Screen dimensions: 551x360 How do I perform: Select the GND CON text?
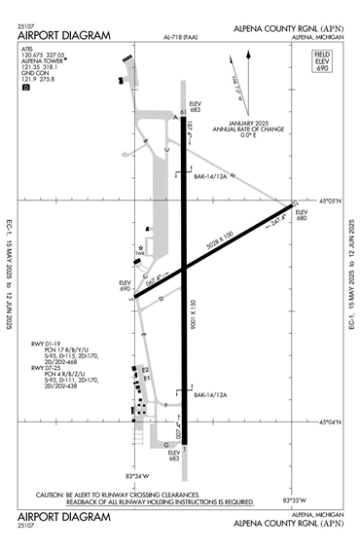tap(35, 71)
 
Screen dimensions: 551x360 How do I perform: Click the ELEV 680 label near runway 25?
tap(302, 214)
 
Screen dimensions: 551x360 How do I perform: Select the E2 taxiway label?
tap(144, 369)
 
